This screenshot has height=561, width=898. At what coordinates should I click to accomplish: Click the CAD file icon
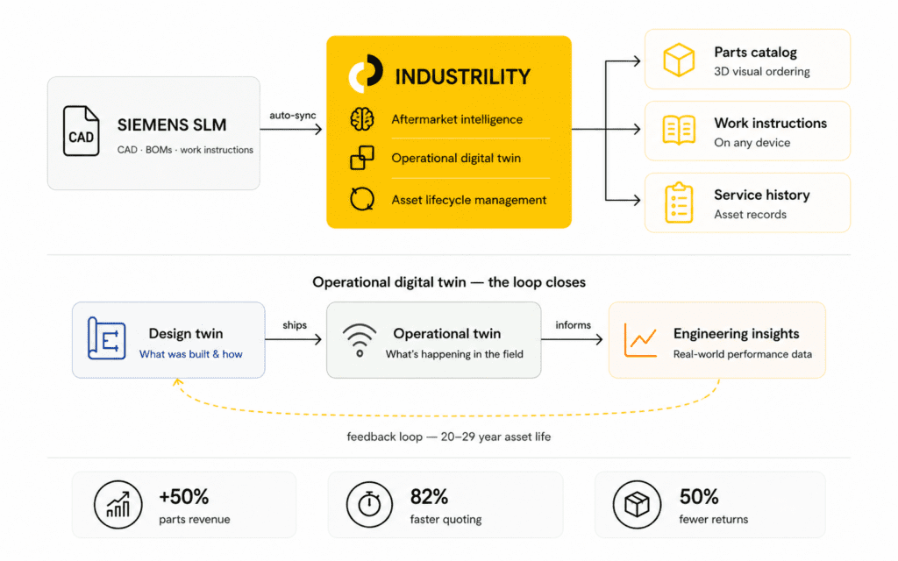coord(82,131)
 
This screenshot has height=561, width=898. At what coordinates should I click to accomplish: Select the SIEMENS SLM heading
coord(171,124)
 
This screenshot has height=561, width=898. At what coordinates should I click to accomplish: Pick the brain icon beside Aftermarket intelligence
coord(361,120)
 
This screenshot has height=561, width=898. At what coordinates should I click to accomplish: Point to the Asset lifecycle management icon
coord(361,199)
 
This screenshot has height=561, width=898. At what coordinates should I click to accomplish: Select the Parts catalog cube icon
coord(679,60)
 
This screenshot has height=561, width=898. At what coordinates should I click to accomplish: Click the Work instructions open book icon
coord(679,131)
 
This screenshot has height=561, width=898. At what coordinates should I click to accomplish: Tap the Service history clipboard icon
coord(679,202)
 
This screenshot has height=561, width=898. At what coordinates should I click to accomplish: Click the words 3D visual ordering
coord(761,72)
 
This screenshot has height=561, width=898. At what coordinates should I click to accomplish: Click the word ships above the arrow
coord(295,325)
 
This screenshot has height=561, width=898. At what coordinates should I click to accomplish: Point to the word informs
coord(573,325)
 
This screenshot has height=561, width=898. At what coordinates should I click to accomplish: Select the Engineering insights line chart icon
coord(640,340)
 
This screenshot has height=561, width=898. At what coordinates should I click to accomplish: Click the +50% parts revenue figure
coord(185,497)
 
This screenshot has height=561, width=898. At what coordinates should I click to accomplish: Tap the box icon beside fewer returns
coord(638,505)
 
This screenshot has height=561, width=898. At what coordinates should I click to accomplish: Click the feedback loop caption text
coord(448,437)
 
